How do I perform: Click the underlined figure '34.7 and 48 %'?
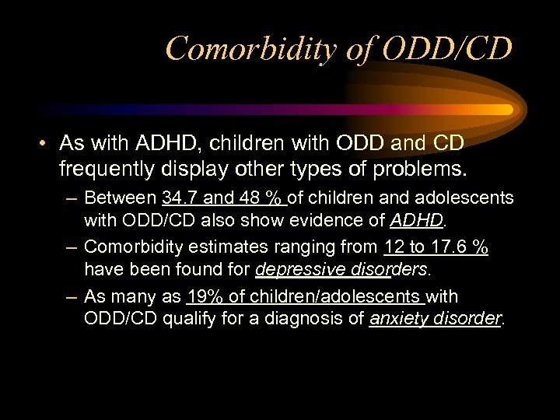coord(224,198)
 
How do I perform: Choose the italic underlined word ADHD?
coord(416,220)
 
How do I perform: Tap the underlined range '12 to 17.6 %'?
coord(436,247)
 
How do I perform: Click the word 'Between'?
coord(121,198)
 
